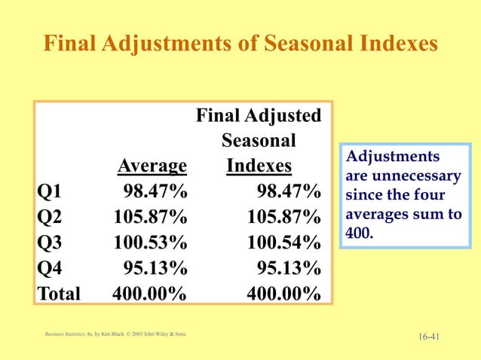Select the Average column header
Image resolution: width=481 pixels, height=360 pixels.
tap(152, 166)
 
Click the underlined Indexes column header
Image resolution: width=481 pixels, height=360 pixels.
tap(259, 166)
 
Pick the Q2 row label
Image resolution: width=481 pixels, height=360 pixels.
tap(50, 218)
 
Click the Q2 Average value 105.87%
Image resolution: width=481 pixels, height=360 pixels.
tap(150, 218)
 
